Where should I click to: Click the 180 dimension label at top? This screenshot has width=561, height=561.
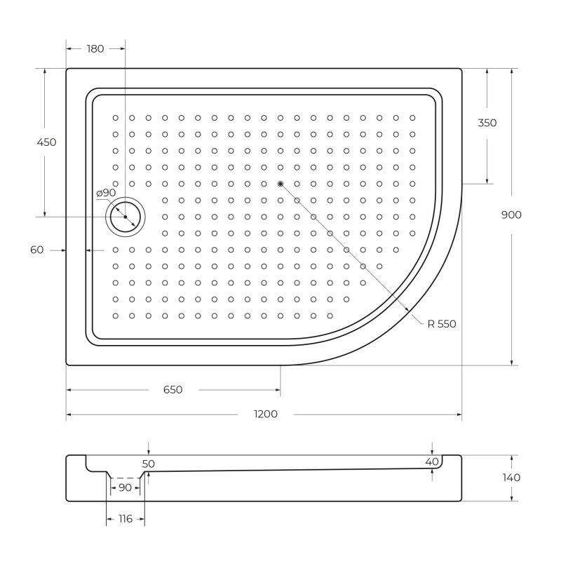point(95,49)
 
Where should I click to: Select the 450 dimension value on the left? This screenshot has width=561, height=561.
point(46,142)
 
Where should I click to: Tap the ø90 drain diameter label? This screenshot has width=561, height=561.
point(106,193)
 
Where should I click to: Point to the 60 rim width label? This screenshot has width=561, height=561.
point(37,250)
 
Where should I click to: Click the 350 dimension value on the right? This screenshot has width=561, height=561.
point(487,123)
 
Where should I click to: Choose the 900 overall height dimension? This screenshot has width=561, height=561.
point(511,215)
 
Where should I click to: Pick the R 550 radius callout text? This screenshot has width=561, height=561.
point(442,323)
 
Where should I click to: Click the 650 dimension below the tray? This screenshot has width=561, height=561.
point(173,390)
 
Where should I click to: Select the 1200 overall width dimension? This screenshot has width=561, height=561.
point(266,414)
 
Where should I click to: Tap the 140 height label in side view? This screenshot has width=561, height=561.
point(511,478)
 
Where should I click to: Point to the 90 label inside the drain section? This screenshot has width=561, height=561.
point(125,487)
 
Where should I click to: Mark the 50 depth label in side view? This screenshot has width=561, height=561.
point(148,464)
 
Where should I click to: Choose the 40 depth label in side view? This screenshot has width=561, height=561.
point(432,461)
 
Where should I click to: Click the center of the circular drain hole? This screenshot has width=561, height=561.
point(125,217)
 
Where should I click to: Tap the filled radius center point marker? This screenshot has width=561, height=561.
point(280,184)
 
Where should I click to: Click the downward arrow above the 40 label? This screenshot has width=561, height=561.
point(432,450)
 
